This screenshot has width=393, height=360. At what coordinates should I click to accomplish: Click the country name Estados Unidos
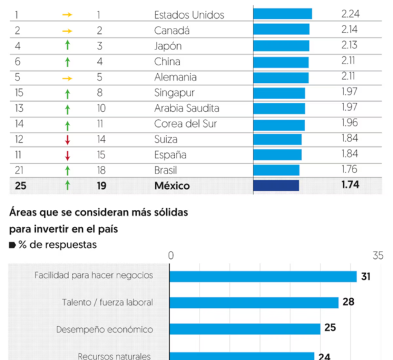click(x=189, y=15)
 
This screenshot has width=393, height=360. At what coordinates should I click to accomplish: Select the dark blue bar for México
click(x=276, y=186)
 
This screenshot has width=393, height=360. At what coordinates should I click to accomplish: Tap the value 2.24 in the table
click(x=350, y=14)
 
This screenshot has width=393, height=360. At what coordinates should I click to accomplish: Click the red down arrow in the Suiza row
click(x=67, y=140)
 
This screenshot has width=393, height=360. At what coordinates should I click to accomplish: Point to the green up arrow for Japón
click(x=67, y=46)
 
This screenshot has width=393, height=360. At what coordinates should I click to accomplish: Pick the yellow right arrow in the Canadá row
click(x=67, y=30)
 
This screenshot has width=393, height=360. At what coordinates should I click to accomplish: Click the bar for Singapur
click(x=279, y=93)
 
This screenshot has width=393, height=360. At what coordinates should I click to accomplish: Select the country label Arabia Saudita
click(x=186, y=108)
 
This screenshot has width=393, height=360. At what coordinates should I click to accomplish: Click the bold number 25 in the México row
click(x=21, y=186)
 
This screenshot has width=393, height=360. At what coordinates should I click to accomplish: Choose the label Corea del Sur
click(x=186, y=124)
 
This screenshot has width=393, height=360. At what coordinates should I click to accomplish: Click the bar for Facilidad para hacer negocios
click(x=263, y=277)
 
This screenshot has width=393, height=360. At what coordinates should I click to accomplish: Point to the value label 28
click(x=348, y=302)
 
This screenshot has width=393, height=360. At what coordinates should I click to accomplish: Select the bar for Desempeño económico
click(x=245, y=329)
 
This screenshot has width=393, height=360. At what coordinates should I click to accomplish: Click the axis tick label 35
click(x=378, y=256)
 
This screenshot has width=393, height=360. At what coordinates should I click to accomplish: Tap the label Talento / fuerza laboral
click(x=108, y=303)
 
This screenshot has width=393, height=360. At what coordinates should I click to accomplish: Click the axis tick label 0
click(x=171, y=256)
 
